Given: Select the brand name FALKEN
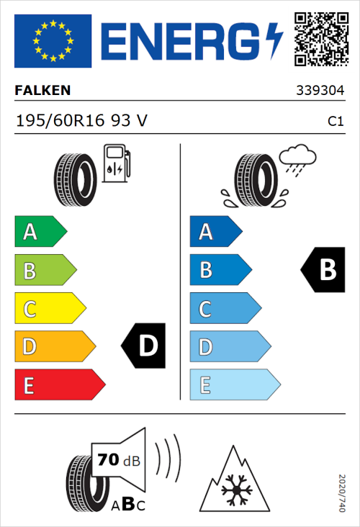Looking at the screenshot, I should (42, 91).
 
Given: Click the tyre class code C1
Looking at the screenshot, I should (335, 122).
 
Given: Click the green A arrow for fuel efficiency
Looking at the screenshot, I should (40, 232).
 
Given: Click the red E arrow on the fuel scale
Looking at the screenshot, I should (58, 385).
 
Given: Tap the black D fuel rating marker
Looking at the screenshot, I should (144, 346).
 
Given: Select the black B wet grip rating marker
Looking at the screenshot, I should (323, 269).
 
